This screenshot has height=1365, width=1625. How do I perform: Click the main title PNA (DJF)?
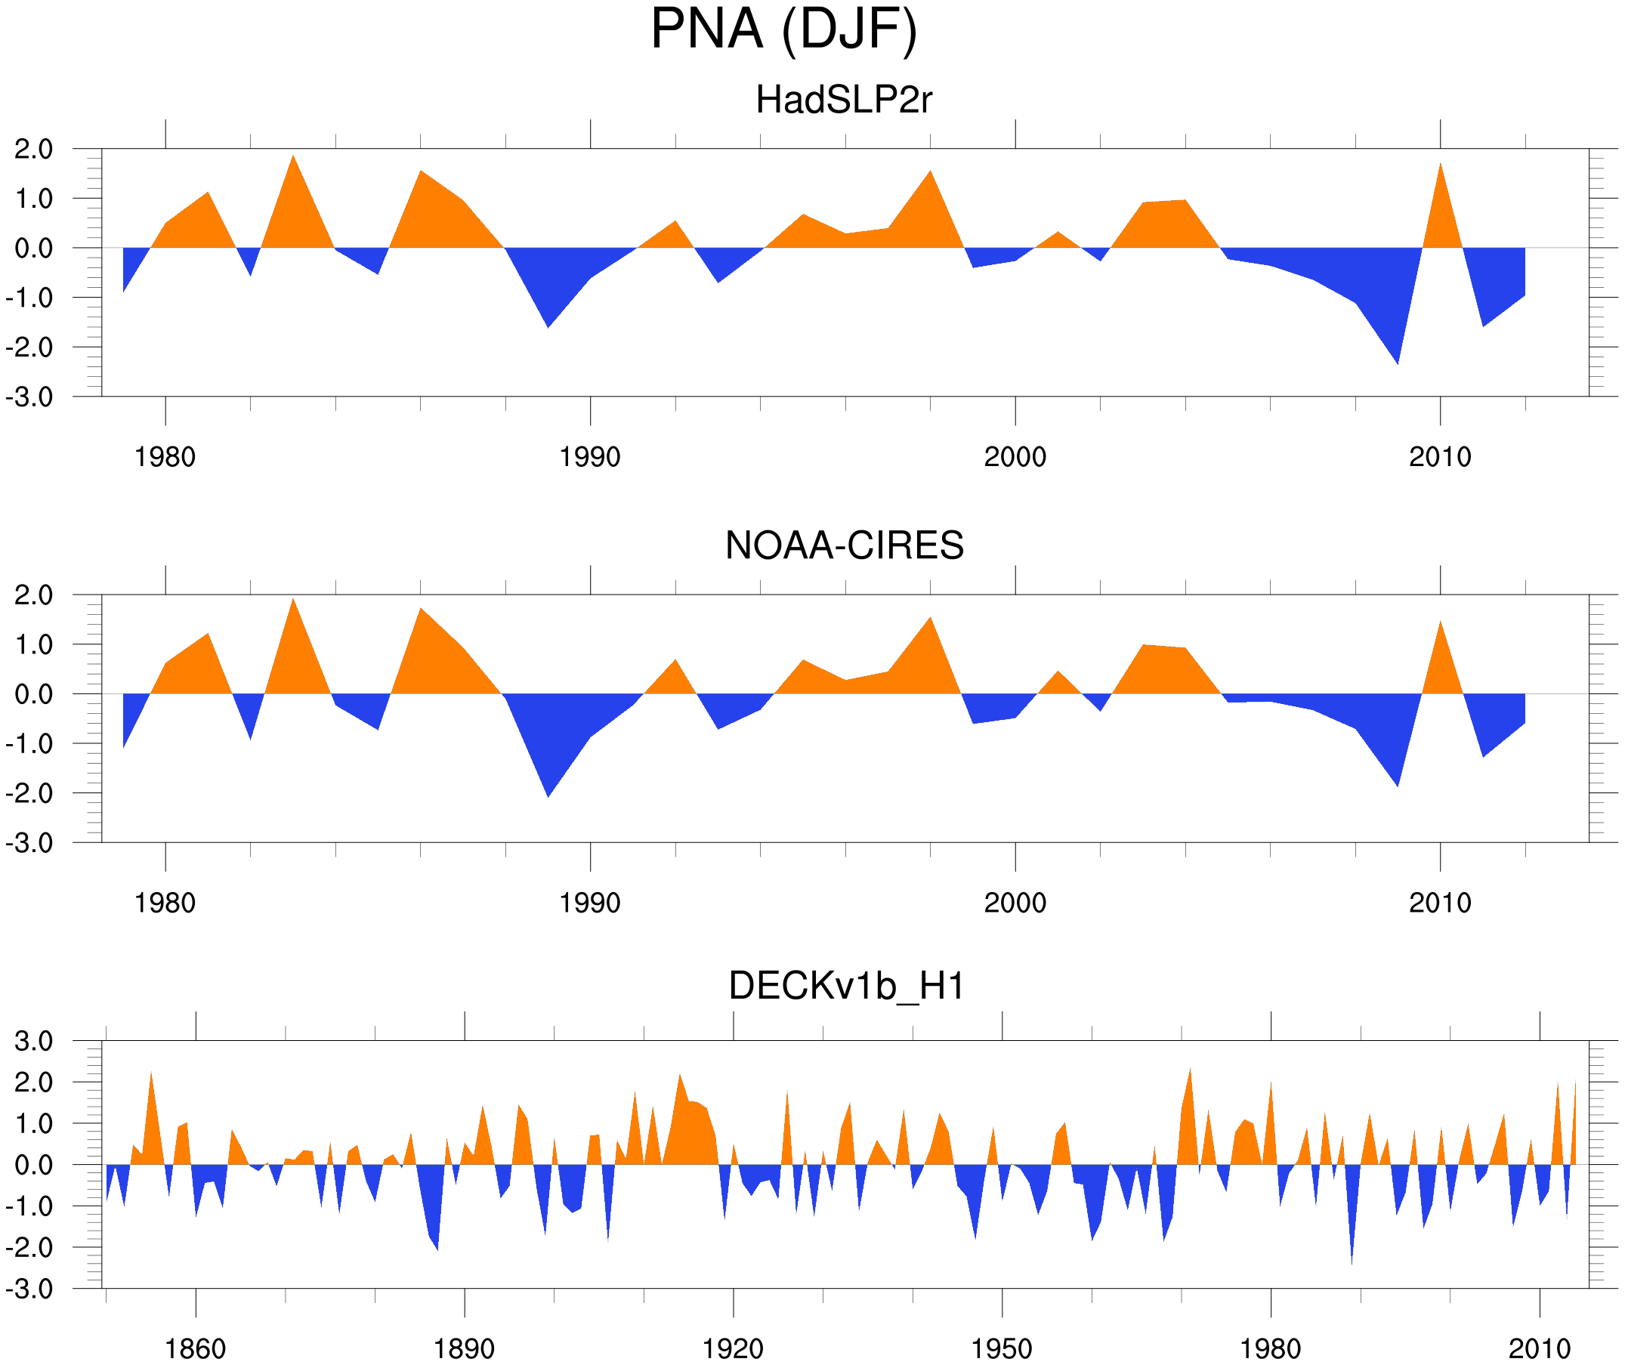click(783, 29)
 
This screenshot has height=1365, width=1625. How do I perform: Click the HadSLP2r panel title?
click(843, 100)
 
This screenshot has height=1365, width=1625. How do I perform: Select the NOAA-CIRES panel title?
click(844, 545)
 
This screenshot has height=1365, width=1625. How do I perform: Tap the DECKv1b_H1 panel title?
click(847, 986)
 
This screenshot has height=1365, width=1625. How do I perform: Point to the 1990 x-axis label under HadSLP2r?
click(590, 457)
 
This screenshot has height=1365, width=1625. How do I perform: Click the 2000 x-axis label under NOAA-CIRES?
click(1015, 903)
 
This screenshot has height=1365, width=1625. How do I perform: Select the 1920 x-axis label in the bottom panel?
click(732, 1348)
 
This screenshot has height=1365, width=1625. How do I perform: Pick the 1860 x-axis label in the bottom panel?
click(195, 1348)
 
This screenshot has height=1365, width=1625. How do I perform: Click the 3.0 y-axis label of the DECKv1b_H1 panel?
click(34, 1042)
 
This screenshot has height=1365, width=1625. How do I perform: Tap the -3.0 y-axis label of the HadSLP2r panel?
click(29, 398)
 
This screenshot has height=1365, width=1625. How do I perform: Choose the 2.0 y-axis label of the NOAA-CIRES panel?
click(34, 596)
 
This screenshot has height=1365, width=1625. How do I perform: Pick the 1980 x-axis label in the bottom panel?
click(1270, 1348)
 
